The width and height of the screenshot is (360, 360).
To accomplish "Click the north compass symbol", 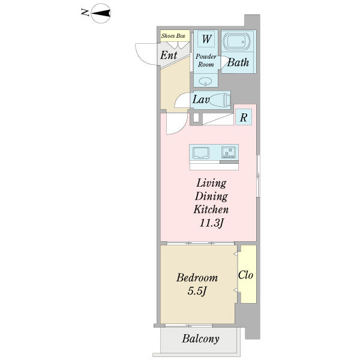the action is pyautogui.click(x=101, y=13).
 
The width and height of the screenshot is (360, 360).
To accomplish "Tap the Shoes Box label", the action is pyautogui.click(x=173, y=35).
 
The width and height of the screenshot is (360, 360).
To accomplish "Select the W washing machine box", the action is pyautogui.click(x=206, y=38).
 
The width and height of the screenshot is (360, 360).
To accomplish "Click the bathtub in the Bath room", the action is pyautogui.click(x=236, y=41).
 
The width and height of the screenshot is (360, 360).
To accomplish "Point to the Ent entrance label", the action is pyautogui.click(x=169, y=55).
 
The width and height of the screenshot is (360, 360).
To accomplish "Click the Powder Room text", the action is pyautogui.click(x=206, y=61).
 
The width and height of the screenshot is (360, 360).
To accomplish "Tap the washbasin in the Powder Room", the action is pyautogui.click(x=205, y=82).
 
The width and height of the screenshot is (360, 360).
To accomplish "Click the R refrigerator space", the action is pyautogui.click(x=244, y=117).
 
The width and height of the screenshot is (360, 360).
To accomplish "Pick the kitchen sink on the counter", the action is pyautogui.click(x=201, y=152).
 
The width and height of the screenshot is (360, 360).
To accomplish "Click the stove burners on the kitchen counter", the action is pyautogui.click(x=229, y=152).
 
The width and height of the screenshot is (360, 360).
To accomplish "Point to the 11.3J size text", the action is pyautogui.click(x=211, y=223).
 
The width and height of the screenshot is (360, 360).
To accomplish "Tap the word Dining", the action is pyautogui.click(x=211, y=197).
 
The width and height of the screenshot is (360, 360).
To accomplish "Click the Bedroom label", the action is pyautogui.click(x=197, y=278).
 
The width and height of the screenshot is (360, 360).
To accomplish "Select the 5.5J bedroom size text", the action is pyautogui.click(x=197, y=291).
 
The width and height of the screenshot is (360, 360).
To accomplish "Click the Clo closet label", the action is pyautogui.click(x=245, y=275).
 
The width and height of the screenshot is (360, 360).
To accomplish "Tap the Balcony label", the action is pyautogui.click(x=200, y=339).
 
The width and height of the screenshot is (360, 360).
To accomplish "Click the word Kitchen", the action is pyautogui.click(x=211, y=209).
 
